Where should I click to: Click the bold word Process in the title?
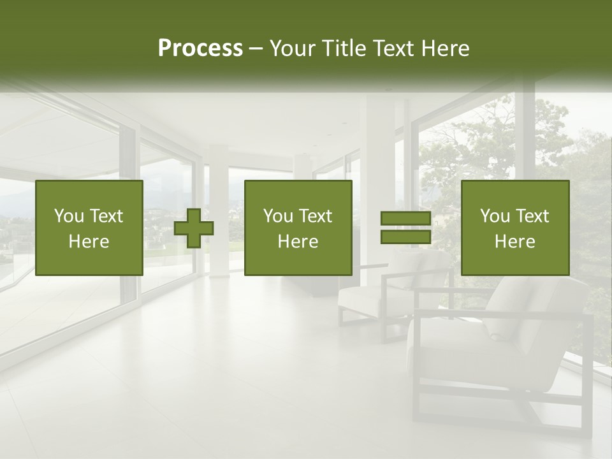(x=200, y=48)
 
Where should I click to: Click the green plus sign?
(x=194, y=228)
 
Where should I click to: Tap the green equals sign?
(x=405, y=228)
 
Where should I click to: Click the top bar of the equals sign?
(x=405, y=219)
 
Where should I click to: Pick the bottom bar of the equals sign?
(x=405, y=237)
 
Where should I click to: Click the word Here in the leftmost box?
(x=89, y=242)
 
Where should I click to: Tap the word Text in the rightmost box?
(x=533, y=216)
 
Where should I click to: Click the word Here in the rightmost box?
(x=514, y=242)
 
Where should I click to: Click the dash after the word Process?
(x=256, y=49)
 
